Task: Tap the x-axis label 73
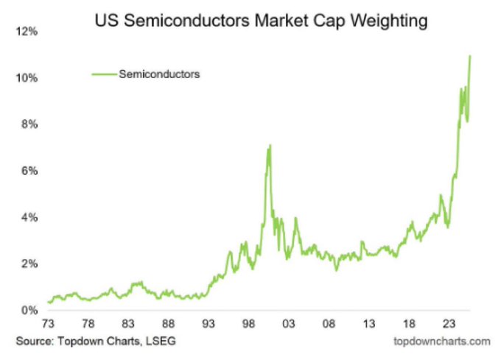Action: pyautogui.click(x=49, y=323)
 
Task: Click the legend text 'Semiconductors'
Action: pyautogui.click(x=160, y=74)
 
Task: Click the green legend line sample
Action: pyautogui.click(x=103, y=74)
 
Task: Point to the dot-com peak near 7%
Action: pyautogui.click(x=270, y=145)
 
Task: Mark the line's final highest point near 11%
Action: pyautogui.click(x=469, y=56)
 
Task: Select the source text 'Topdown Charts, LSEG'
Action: pyautogui.click(x=123, y=341)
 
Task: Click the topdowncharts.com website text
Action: pyautogui.click(x=442, y=341)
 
